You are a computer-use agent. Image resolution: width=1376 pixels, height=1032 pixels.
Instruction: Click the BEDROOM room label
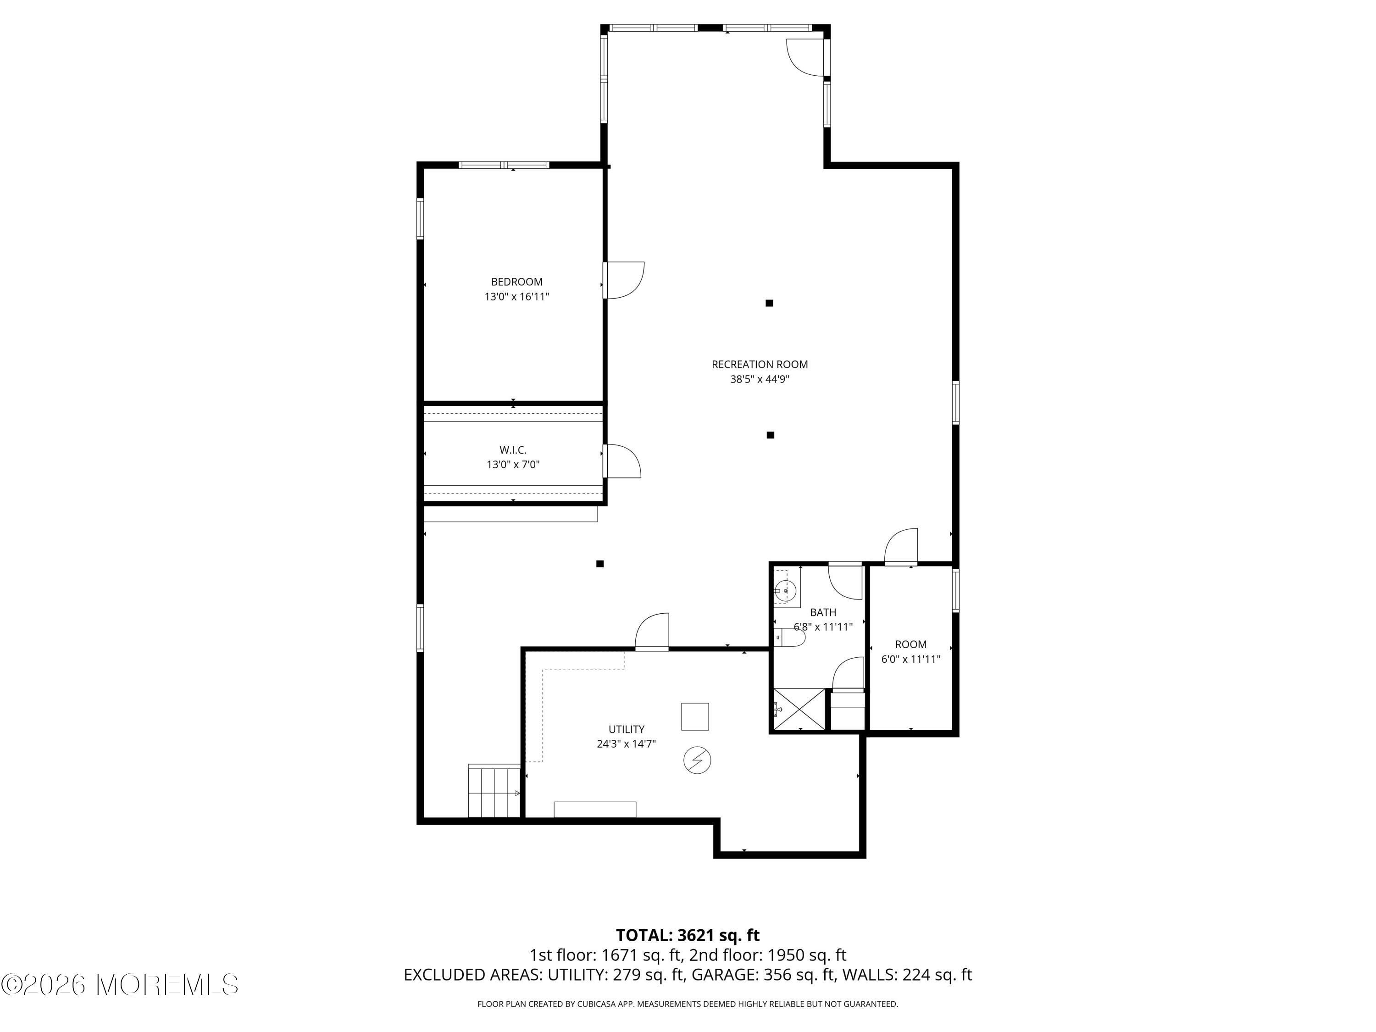[516, 282]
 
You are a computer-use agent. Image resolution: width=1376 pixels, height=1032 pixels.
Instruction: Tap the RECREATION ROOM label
[760, 365]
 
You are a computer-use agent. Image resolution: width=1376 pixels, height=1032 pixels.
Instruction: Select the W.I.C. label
[513, 450]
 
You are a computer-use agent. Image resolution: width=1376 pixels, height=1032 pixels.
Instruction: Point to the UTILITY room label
[627, 729]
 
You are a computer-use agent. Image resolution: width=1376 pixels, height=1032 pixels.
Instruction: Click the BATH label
[823, 613]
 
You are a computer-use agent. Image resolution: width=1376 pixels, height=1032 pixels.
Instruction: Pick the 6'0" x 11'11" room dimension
[911, 660]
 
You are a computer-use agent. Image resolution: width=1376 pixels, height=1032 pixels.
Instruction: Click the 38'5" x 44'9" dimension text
[760, 379]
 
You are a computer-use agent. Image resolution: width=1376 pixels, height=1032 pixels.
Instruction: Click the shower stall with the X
[799, 709]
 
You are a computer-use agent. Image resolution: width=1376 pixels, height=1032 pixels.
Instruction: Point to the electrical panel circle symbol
[697, 760]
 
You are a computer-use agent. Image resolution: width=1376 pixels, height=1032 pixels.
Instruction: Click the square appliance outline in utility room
[695, 716]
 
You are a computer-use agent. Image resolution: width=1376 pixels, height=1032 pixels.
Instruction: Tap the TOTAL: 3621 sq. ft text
[688, 935]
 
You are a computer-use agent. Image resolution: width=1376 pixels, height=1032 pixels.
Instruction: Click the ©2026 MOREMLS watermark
[119, 985]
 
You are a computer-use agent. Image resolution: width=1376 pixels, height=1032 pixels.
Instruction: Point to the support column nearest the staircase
[599, 564]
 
